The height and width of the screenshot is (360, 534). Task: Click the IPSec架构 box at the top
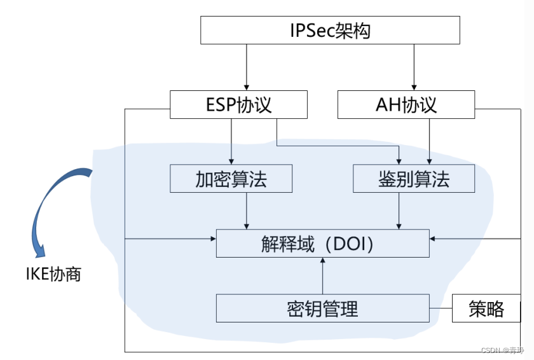tap(330, 30)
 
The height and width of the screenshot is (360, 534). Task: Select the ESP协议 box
tap(238, 104)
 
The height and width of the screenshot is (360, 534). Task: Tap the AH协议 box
tap(406, 104)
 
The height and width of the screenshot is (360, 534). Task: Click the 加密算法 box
tap(231, 179)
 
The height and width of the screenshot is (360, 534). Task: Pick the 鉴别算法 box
tap(414, 179)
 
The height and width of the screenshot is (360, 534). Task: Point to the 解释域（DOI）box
tap(322, 244)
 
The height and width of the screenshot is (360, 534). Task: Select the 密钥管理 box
tap(322, 308)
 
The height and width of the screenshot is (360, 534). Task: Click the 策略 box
tap(486, 308)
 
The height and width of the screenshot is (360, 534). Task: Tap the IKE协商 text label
tap(53, 275)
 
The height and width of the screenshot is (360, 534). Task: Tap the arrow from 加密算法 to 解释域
tap(246, 211)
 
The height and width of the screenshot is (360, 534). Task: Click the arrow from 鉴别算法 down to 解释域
tap(399, 211)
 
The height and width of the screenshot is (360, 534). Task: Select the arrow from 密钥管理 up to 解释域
tap(322, 276)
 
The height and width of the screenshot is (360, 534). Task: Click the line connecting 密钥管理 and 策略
tap(441, 308)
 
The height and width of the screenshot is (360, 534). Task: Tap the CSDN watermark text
tap(502, 350)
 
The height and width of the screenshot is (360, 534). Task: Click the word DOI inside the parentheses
tap(348, 244)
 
